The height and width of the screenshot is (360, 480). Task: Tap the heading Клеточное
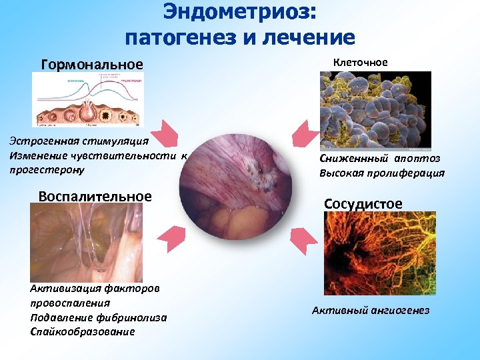(x=360, y=62)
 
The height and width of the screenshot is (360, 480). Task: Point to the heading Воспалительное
(x=95, y=197)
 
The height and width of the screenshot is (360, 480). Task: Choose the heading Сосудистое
(x=363, y=203)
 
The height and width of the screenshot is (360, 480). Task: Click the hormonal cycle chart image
(x=86, y=99)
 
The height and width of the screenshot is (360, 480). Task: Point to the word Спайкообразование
(x=83, y=331)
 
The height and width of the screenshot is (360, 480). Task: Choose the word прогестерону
(x=47, y=170)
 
